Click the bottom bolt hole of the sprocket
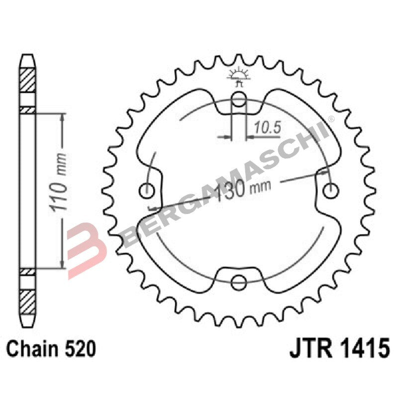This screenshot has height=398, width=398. [x=239, y=283]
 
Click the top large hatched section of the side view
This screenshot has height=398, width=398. [x=27, y=79]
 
